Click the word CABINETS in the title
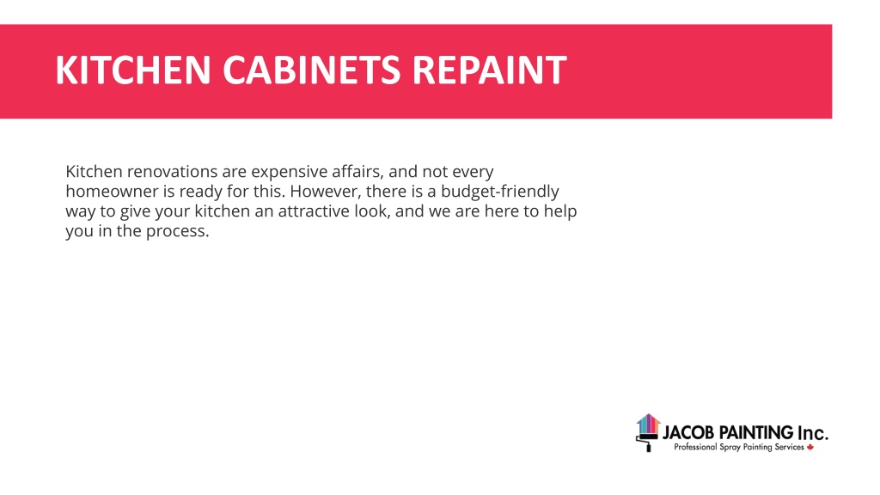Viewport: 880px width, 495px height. click(311, 70)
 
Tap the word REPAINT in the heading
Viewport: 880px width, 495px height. click(489, 70)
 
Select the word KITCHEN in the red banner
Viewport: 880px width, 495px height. click(133, 70)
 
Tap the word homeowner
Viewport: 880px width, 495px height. click(113, 192)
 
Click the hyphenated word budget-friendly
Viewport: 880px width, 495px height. click(500, 192)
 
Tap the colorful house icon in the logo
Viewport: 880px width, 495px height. click(648, 424)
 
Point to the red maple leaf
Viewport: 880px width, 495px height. click(810, 447)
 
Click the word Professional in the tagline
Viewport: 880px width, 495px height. click(695, 447)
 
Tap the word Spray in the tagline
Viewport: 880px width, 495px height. click(730, 448)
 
